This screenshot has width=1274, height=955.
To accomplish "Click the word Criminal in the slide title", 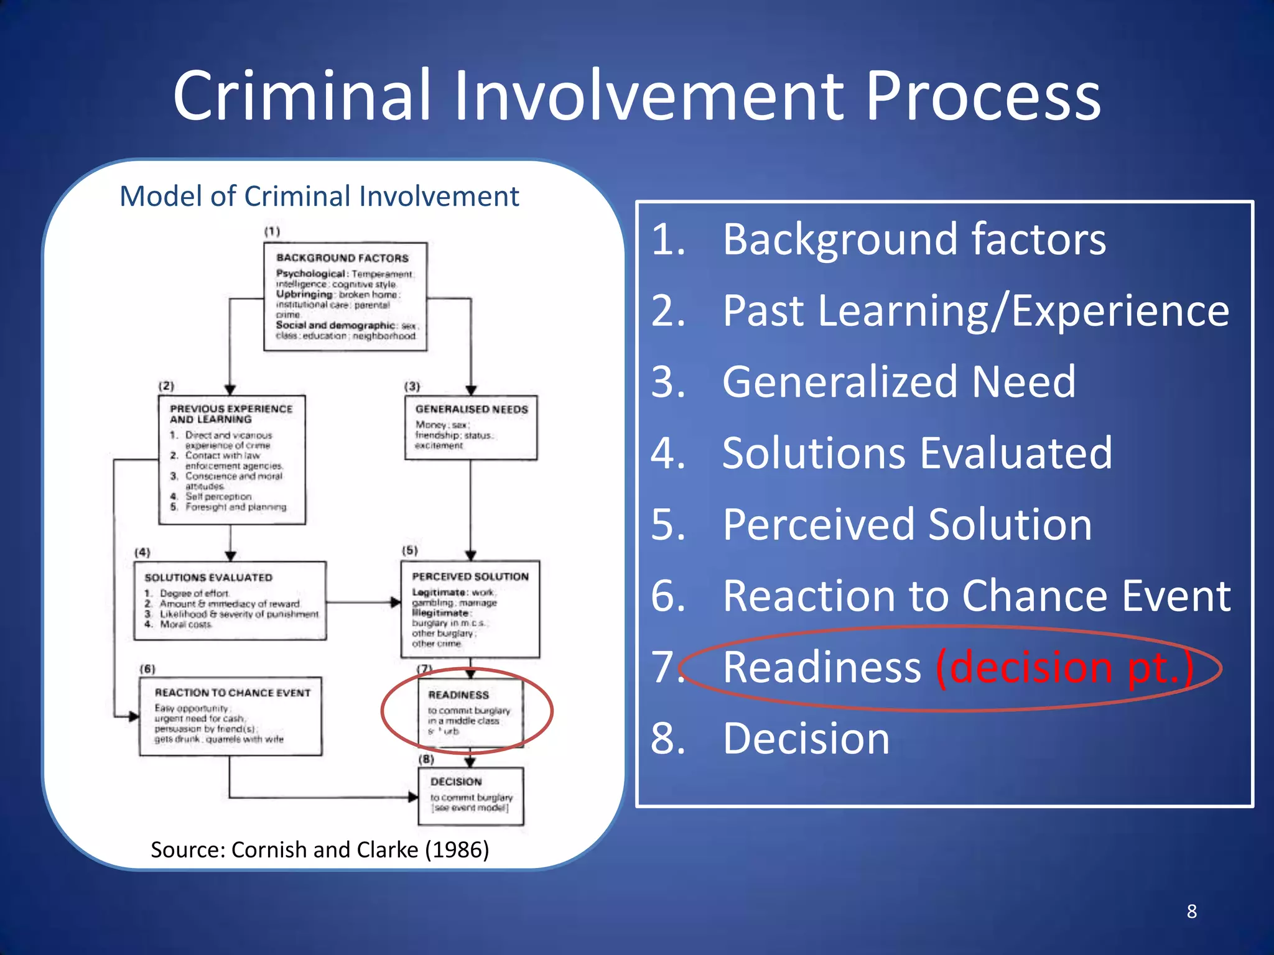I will tap(302, 96).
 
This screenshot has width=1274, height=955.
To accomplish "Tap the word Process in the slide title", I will tap(983, 96).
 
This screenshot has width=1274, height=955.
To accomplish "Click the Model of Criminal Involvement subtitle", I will tap(319, 196).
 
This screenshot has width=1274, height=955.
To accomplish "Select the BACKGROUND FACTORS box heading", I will tap(342, 257).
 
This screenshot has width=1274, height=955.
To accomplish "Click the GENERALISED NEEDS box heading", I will tap(472, 409).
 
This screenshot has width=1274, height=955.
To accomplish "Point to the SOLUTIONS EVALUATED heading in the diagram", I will tap(208, 578).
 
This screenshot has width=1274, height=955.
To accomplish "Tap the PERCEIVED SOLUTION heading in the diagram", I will tap(470, 576).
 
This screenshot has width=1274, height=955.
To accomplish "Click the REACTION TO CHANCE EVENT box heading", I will tap(233, 693).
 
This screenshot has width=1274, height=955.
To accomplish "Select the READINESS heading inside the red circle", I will tap(458, 695).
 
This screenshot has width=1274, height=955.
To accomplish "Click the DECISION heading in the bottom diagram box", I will tap(456, 782).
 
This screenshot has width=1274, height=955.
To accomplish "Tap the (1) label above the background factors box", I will tap(272, 231).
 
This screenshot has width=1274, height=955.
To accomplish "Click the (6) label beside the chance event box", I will tap(147, 669).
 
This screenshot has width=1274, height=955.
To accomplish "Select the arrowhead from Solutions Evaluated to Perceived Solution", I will tap(396, 602).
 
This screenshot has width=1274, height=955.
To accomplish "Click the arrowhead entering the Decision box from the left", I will tap(413, 797).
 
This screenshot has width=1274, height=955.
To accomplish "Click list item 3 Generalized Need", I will tap(898, 382).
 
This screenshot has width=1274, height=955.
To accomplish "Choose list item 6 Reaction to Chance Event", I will tap(977, 596).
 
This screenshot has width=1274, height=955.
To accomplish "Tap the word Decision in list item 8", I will tap(806, 739).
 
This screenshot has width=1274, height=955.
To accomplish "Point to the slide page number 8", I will tap(1191, 911).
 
